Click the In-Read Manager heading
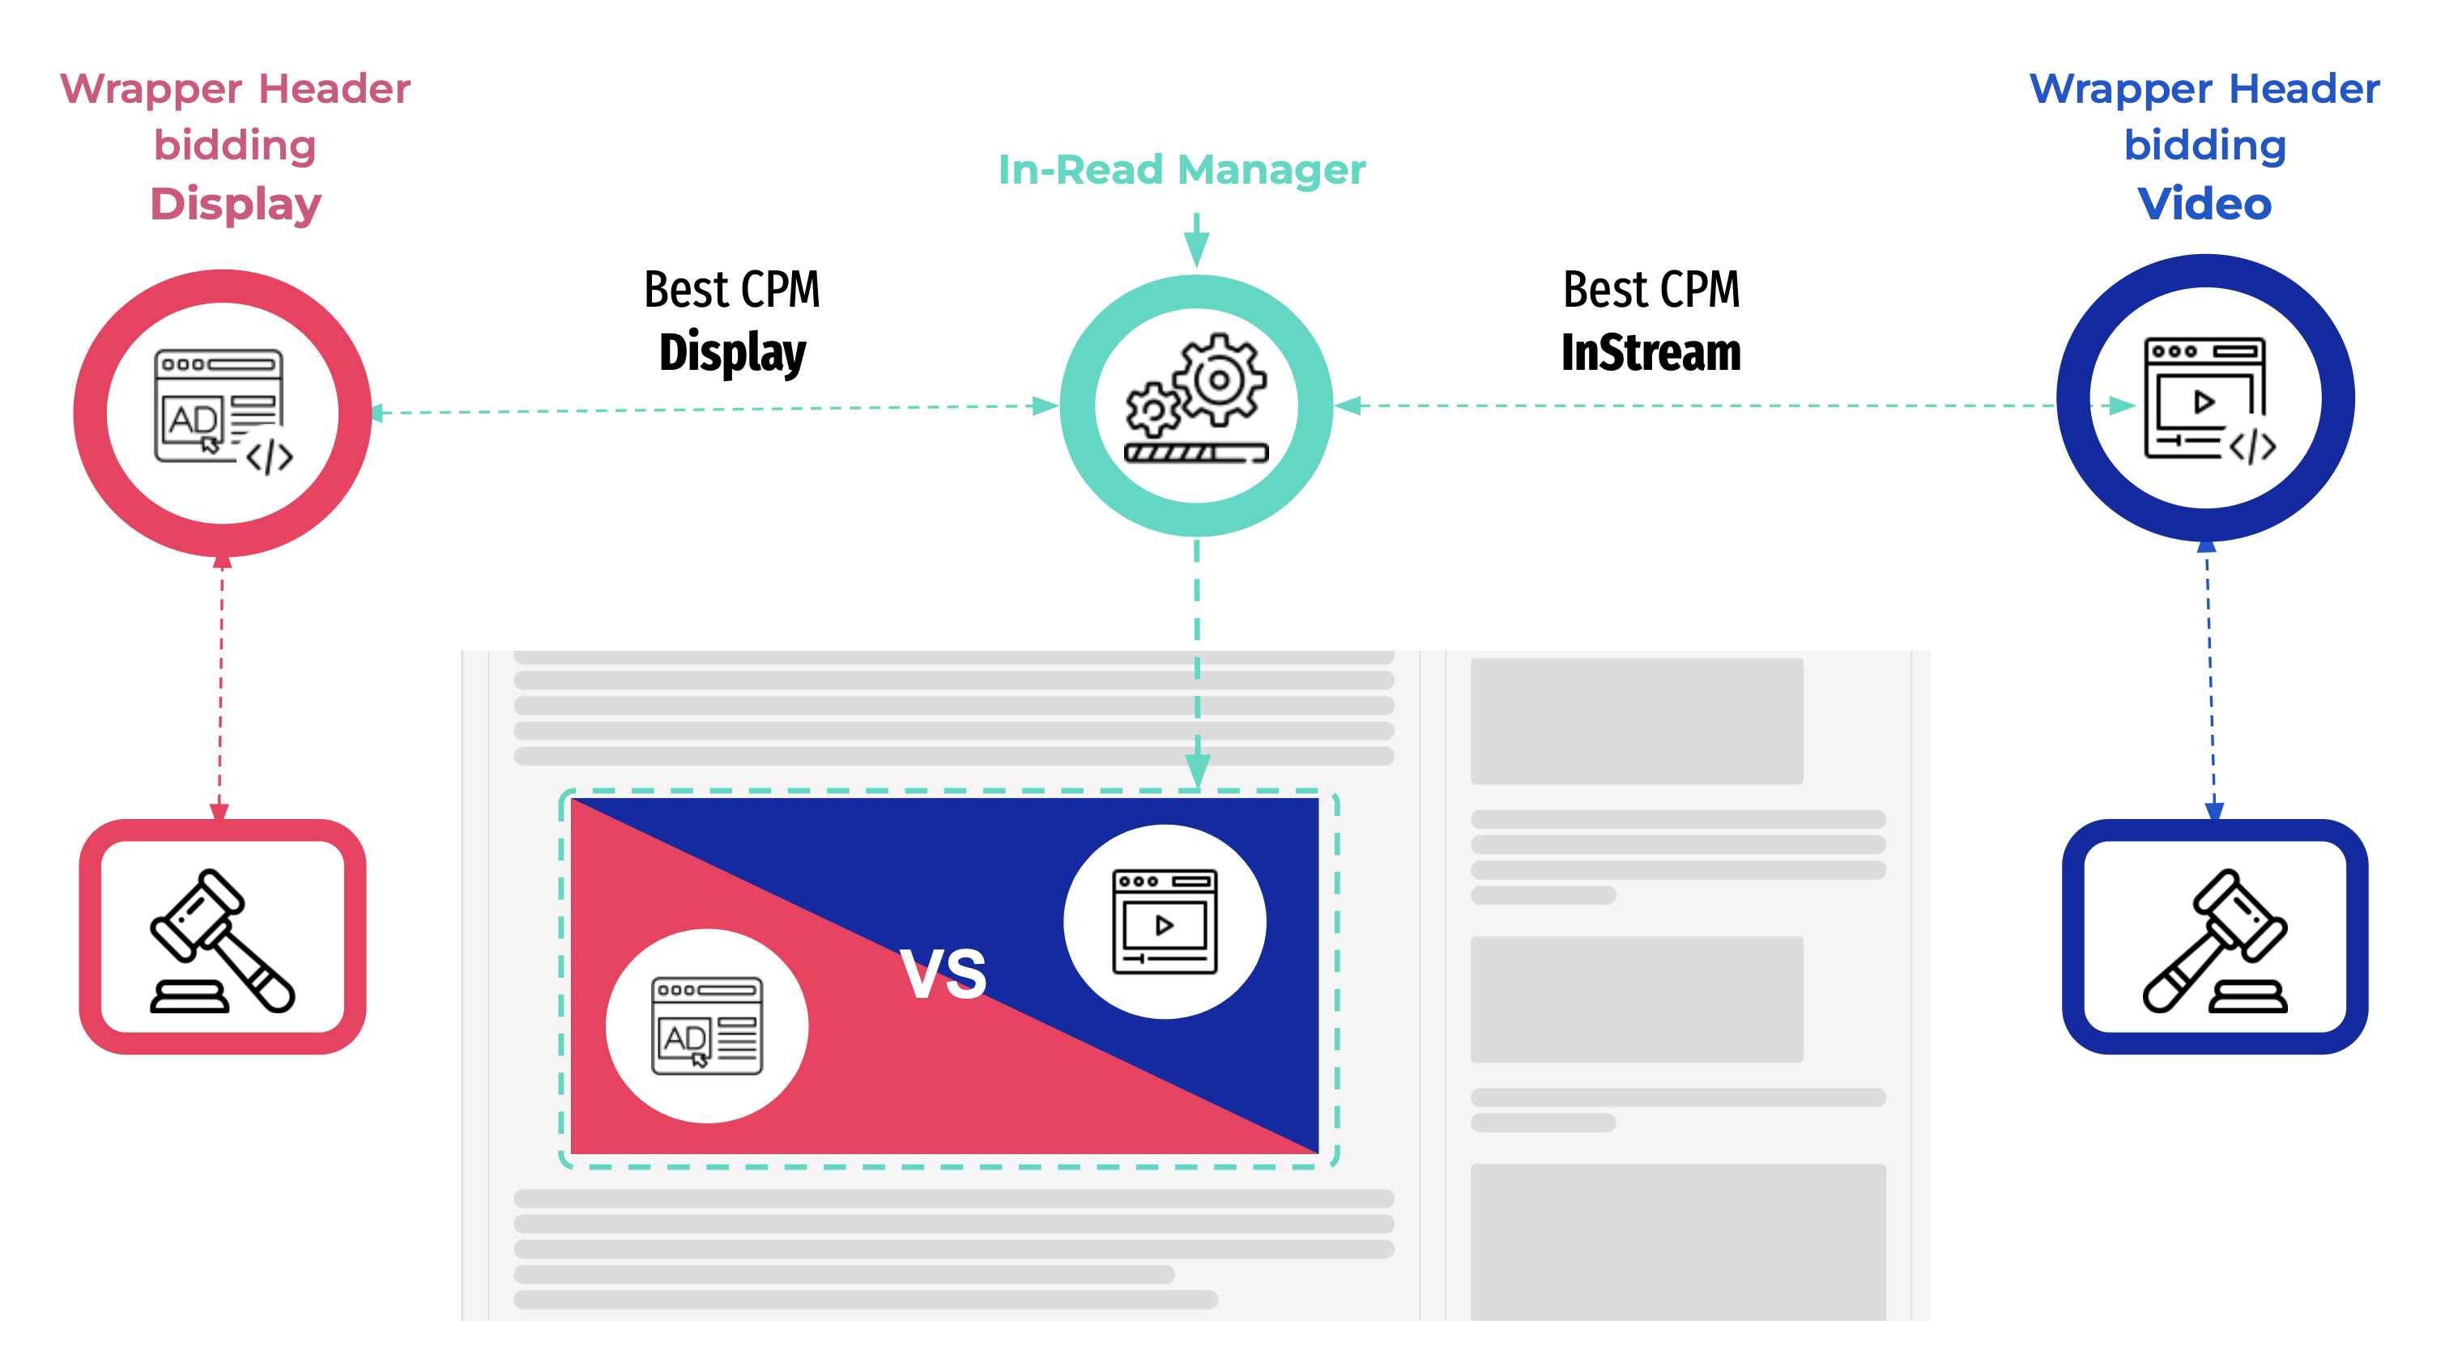pyautogui.click(x=1182, y=170)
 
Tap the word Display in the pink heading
pyautogui.click(x=236, y=205)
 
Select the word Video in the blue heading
pyautogui.click(x=2204, y=205)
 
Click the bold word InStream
pyautogui.click(x=1651, y=353)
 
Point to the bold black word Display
pyautogui.click(x=732, y=353)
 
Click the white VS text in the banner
pyautogui.click(x=943, y=974)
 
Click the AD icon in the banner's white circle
pyautogui.click(x=707, y=1026)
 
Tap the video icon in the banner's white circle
pyautogui.click(x=1164, y=922)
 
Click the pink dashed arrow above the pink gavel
pyautogui.click(x=221, y=688)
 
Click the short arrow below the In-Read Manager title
pyautogui.click(x=1197, y=240)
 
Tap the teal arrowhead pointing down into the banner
pyautogui.click(x=1198, y=770)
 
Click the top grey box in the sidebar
pyautogui.click(x=1636, y=721)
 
